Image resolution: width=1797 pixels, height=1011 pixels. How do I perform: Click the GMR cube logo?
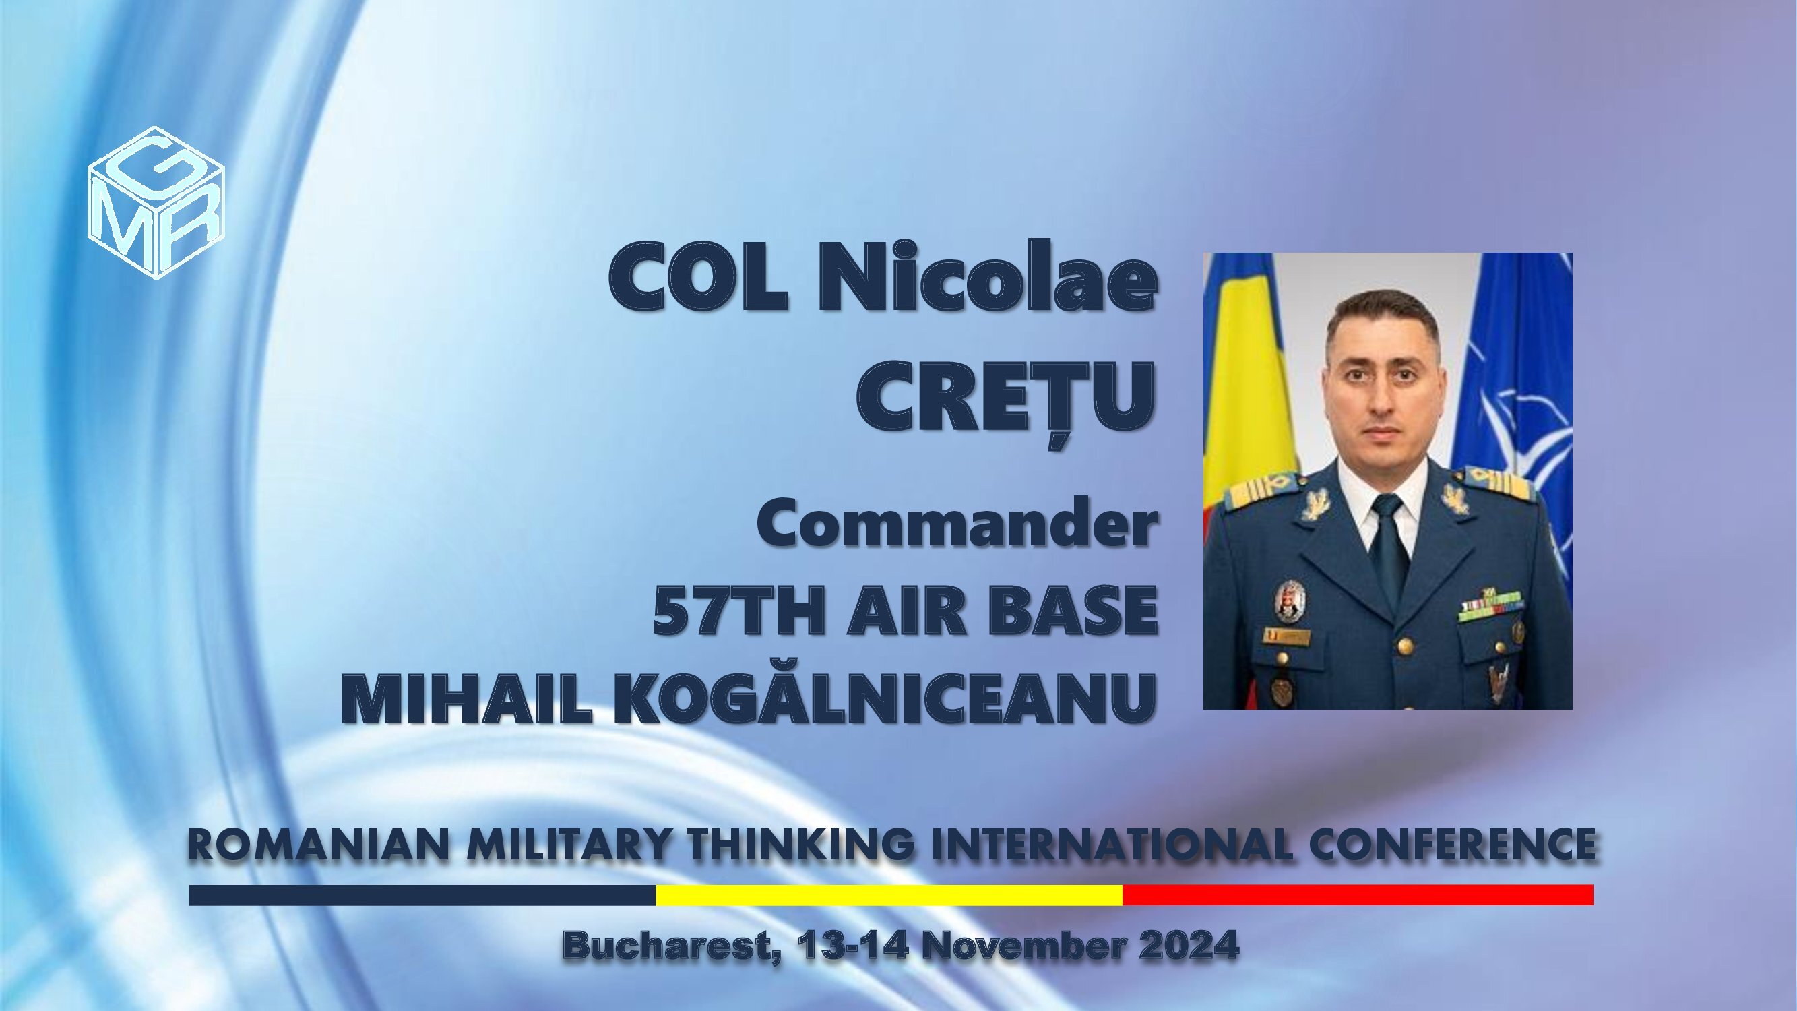coord(156,202)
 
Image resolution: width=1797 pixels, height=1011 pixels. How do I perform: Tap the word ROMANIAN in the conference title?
coord(318,845)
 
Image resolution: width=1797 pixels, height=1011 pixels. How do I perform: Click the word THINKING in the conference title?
coord(800,845)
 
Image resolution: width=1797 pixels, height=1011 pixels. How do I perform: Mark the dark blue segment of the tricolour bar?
coord(422,894)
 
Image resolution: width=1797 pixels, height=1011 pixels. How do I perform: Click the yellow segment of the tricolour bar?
coord(889,894)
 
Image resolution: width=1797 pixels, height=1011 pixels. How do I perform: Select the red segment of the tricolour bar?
coord(1358,894)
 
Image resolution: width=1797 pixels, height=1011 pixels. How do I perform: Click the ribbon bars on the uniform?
coord(1490,605)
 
